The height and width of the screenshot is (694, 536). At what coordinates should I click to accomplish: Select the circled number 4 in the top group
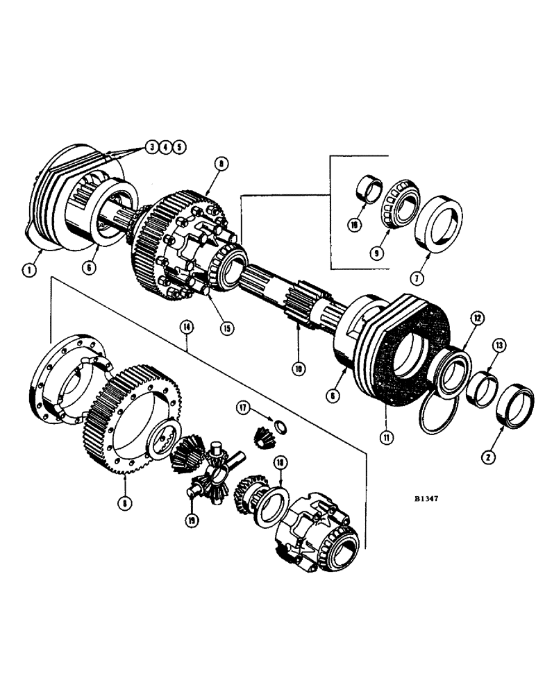pyautogui.click(x=165, y=146)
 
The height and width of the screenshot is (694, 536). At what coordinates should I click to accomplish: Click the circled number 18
pyautogui.click(x=280, y=459)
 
